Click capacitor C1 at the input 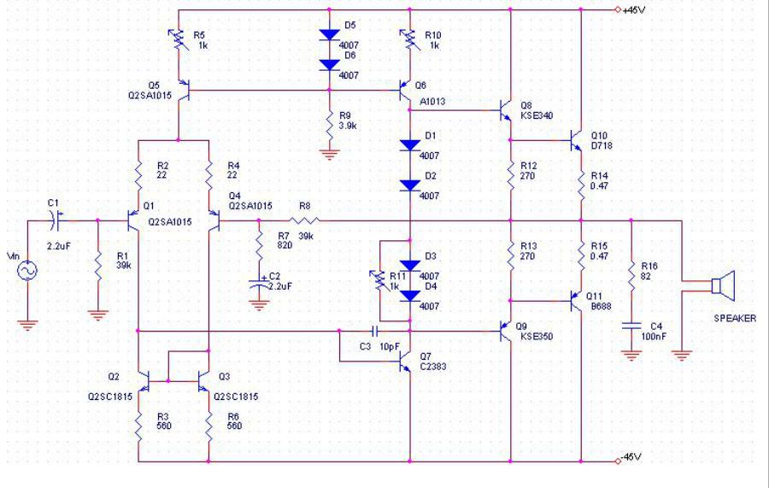[x=56, y=220]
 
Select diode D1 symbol [x=410, y=146]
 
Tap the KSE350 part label [x=539, y=336]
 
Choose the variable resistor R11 [x=381, y=279]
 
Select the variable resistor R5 [x=179, y=39]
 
